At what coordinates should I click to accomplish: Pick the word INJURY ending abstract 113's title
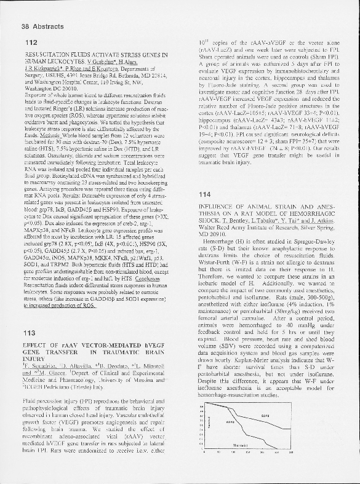tap(33, 362)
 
